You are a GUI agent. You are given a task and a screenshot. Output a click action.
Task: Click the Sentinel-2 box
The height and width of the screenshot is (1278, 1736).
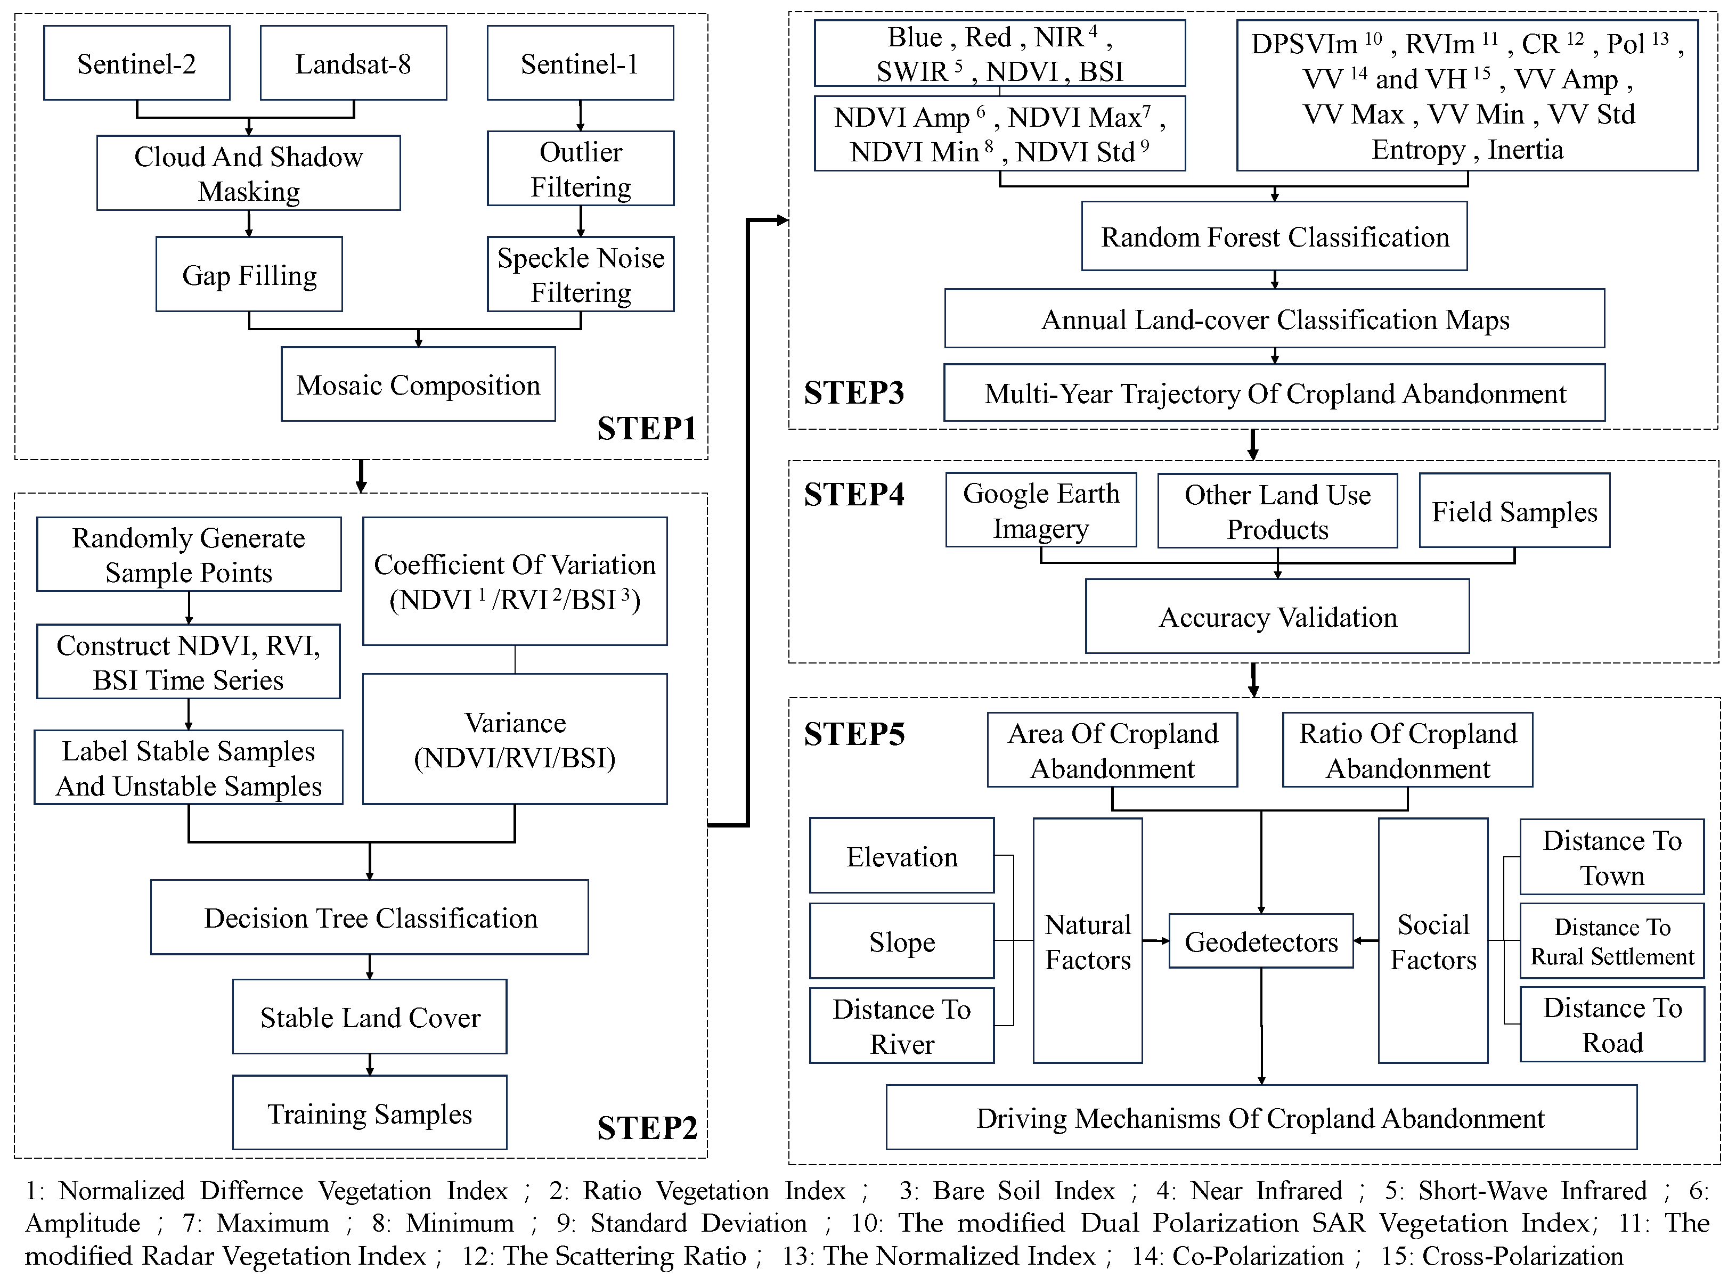point(136,63)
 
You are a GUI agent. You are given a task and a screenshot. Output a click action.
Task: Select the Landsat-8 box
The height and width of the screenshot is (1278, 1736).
point(353,63)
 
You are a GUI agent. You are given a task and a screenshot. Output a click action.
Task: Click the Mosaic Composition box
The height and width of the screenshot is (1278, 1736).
point(418,384)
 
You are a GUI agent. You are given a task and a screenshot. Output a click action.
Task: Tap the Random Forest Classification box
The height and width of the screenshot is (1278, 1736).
point(1274,237)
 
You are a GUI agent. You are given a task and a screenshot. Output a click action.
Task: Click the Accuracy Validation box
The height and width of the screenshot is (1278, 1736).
point(1277,617)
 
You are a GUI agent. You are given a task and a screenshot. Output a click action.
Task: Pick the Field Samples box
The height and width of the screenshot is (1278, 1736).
point(1514,511)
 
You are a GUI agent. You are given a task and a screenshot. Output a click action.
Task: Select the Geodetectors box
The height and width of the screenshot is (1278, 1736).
point(1261,941)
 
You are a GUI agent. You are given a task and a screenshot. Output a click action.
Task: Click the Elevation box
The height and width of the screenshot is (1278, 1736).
point(902,856)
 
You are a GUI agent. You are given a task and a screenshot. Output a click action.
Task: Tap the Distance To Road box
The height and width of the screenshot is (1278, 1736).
point(1612,1024)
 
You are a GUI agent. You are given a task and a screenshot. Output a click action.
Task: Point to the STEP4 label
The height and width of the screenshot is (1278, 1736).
point(854,494)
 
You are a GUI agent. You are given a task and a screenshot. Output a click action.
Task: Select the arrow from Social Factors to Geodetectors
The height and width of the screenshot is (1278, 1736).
point(1366,941)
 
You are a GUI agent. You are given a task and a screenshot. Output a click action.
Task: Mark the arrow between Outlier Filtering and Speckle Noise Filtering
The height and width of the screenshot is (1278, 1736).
point(581,221)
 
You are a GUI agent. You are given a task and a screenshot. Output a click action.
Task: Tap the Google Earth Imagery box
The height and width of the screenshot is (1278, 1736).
point(1041,511)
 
